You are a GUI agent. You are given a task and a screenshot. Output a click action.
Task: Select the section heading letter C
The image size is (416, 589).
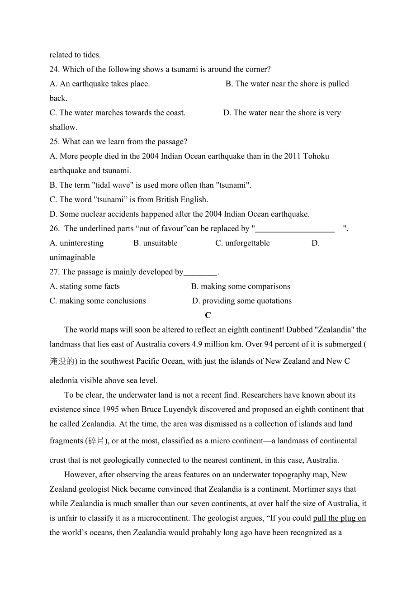(208, 315)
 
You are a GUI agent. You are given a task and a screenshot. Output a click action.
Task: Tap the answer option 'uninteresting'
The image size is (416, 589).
(81, 243)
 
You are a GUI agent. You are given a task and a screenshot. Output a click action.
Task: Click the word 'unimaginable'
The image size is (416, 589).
(72, 257)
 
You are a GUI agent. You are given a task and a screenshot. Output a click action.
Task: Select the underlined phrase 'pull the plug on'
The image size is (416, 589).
(339, 518)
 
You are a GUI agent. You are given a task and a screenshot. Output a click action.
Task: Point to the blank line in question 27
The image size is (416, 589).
(200, 273)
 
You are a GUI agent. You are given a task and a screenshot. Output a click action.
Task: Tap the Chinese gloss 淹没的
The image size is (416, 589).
(61, 361)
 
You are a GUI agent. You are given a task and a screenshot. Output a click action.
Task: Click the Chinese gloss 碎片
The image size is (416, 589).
(97, 441)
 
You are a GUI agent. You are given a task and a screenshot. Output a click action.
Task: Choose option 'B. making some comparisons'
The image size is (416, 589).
(241, 286)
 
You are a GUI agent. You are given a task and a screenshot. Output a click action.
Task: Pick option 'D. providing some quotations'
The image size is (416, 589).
(242, 301)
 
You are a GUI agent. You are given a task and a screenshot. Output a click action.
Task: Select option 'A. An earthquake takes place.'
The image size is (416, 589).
(99, 84)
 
